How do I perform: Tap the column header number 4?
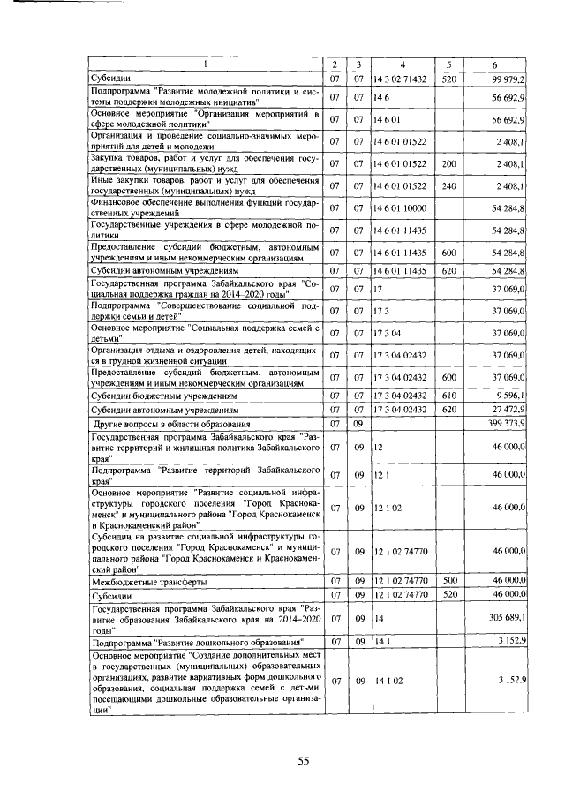(x=402, y=64)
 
